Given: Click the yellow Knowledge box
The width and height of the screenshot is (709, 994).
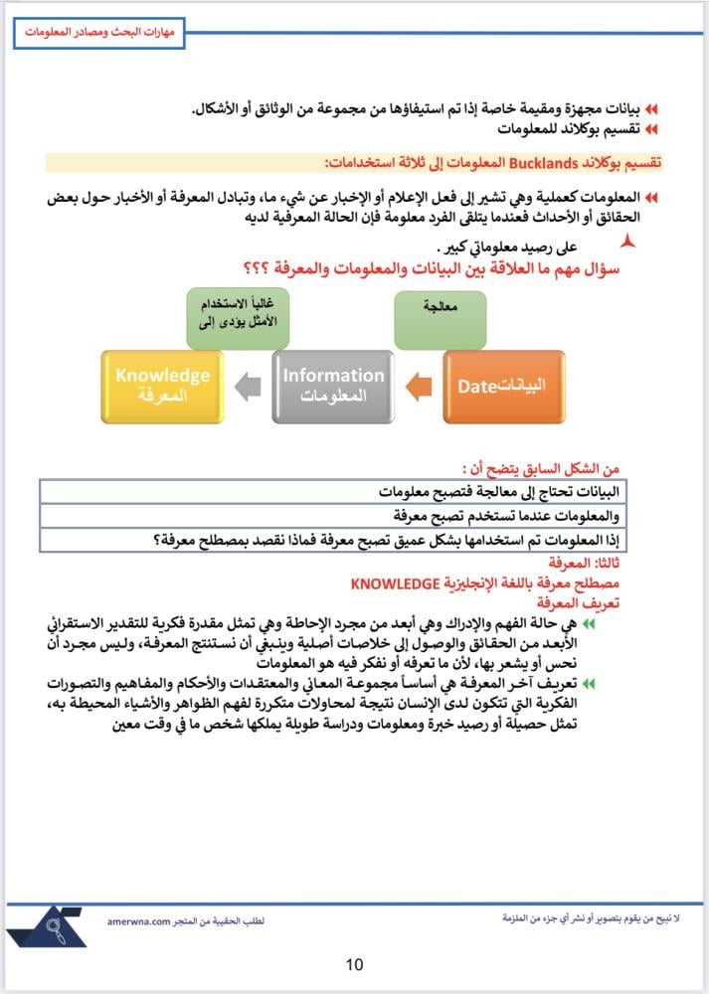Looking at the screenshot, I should pos(162,387).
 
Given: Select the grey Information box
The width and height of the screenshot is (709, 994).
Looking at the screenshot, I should pos(332,387).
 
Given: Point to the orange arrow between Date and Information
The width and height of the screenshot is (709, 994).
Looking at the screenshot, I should pos(418,385).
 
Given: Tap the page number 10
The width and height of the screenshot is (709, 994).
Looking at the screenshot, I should pos(355,963).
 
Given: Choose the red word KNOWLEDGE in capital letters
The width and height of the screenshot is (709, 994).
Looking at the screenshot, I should pos(396,583).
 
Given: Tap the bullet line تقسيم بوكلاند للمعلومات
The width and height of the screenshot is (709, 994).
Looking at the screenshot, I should pos(566,129).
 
